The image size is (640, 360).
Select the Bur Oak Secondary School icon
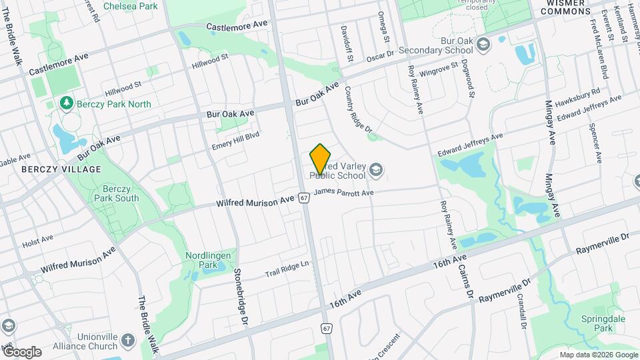(x=483, y=45)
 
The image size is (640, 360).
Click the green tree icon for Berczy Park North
(x=66, y=103)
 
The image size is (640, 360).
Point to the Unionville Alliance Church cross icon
(x=129, y=342)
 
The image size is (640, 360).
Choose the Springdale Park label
(x=595, y=323)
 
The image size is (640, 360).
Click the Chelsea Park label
(x=130, y=6)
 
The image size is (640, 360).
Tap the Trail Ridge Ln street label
(x=287, y=269)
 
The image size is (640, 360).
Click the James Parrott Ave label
(x=343, y=193)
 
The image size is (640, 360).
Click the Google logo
(x=21, y=351)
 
